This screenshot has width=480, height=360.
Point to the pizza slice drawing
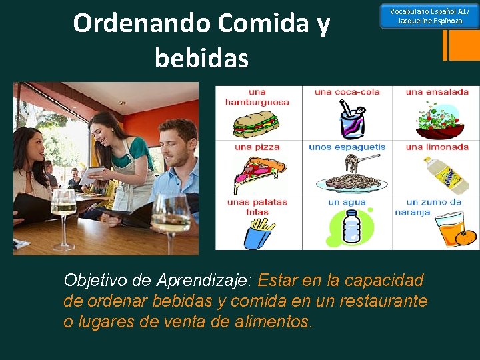click(x=255, y=173)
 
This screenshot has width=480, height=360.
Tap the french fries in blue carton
click(x=256, y=233)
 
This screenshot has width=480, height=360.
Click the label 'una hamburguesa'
click(x=257, y=97)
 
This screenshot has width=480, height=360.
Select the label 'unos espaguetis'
click(x=347, y=147)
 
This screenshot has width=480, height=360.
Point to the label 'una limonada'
click(x=437, y=147)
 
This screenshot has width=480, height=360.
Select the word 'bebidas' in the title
click(x=201, y=58)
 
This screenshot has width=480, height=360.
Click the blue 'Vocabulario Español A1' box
click(x=429, y=16)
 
